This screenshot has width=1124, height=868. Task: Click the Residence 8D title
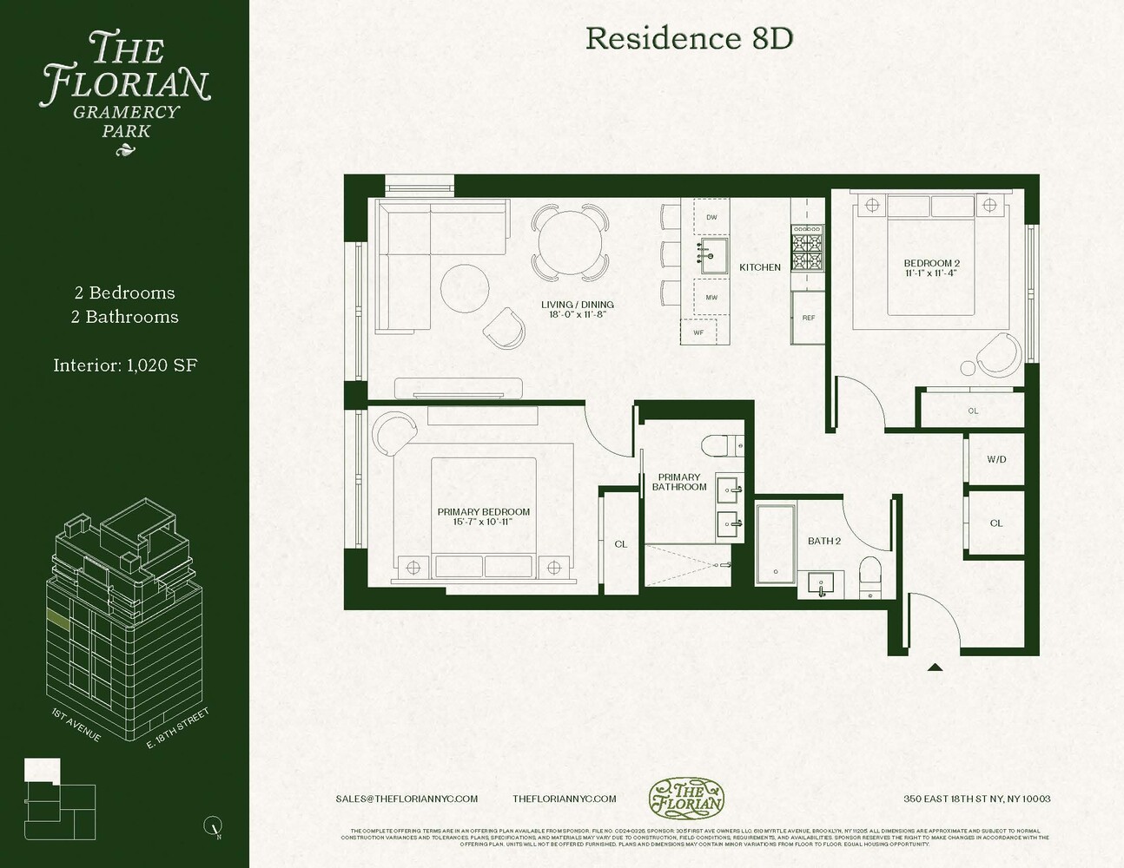[689, 38]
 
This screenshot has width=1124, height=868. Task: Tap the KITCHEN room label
[759, 267]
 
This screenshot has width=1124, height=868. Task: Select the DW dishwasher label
[711, 218]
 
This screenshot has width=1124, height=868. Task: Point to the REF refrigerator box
[808, 318]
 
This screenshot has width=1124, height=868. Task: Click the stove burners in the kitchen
[806, 248]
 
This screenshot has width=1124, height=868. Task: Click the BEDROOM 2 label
[931, 264]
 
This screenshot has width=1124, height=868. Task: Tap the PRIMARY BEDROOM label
[483, 512]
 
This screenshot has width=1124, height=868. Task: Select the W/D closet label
[996, 459]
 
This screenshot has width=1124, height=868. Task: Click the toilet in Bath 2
[869, 577]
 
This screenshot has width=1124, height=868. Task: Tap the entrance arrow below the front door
[935, 667]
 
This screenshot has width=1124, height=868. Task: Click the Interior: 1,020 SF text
[125, 365]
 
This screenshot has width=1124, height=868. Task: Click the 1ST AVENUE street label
[76, 726]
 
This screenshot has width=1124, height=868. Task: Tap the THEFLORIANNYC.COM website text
[564, 799]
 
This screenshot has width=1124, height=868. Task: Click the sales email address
[407, 799]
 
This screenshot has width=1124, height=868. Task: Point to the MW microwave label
[711, 298]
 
